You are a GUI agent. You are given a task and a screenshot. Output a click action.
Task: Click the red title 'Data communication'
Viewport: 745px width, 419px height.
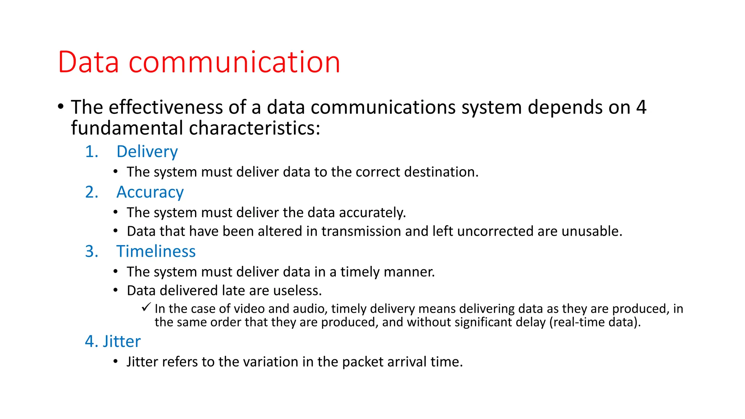pos(199,62)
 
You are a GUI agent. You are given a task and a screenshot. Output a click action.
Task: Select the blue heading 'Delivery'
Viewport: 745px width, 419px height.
pos(147,152)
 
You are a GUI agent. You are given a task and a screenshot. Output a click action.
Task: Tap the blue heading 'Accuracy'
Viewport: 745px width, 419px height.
pos(150,192)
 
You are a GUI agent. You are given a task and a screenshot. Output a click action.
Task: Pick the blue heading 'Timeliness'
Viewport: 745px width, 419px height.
pos(156,252)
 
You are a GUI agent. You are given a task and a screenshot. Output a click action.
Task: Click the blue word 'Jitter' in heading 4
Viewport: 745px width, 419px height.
pos(122,342)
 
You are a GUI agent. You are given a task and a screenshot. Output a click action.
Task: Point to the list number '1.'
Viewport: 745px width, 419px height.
pos(92,152)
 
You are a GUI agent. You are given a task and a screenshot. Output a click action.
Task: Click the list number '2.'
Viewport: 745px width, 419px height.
pos(92,192)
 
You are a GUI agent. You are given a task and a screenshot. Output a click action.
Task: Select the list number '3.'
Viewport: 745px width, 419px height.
pos(92,252)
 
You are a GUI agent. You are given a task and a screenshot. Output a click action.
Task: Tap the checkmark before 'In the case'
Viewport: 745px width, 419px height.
pos(146,308)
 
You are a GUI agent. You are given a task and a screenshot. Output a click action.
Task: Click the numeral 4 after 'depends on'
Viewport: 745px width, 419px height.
pos(641,108)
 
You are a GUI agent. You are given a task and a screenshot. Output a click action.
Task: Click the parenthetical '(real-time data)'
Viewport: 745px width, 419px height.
pos(594,322)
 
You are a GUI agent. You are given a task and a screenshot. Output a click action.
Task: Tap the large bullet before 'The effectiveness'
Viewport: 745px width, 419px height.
pos(61,107)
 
